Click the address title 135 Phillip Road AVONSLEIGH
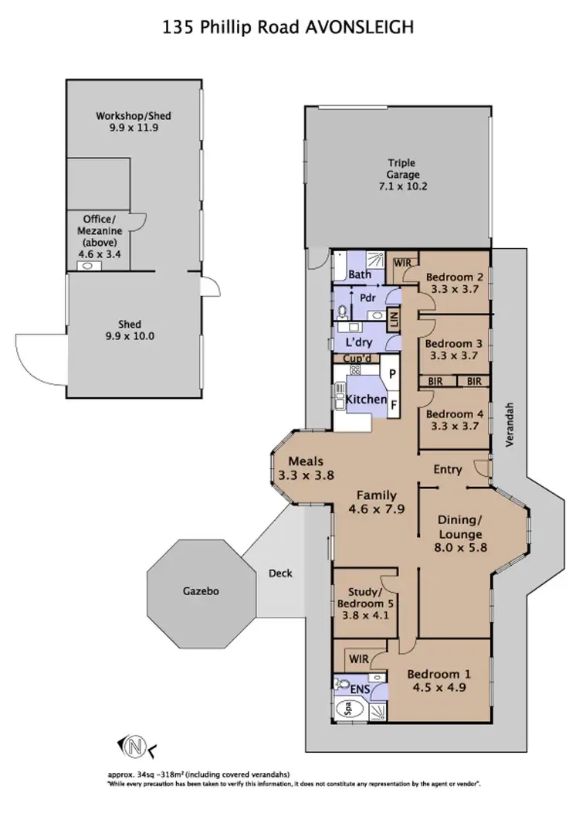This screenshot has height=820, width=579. [x=289, y=28]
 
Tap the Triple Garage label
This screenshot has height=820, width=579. [x=401, y=175]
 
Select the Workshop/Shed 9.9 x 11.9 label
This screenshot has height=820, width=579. [x=133, y=122]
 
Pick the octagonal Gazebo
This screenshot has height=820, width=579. [x=201, y=591]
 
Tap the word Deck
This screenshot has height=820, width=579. [x=279, y=574]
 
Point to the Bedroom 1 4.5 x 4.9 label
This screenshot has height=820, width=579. [x=440, y=679]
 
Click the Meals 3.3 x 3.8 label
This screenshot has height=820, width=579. [x=306, y=469]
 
